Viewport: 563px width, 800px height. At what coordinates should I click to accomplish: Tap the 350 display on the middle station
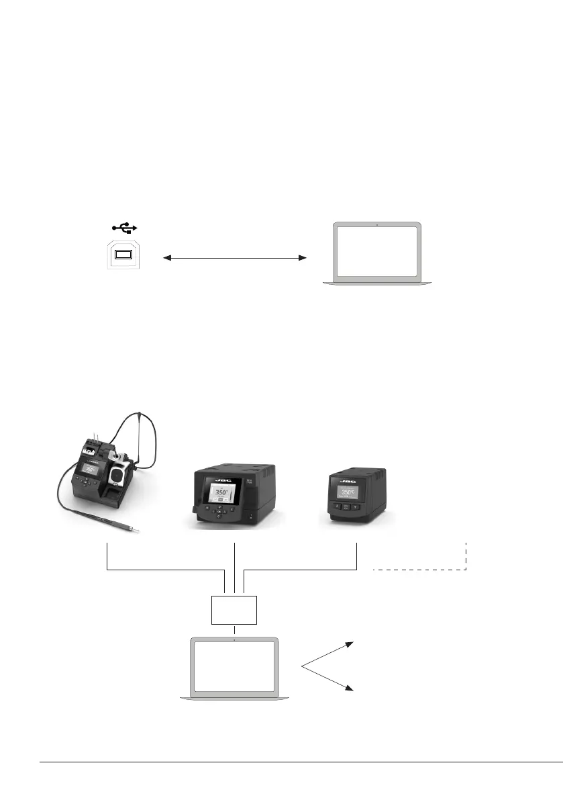(222, 492)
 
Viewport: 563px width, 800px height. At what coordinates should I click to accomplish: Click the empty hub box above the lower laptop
(234, 609)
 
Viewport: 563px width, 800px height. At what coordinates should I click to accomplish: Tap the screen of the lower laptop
(234, 667)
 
